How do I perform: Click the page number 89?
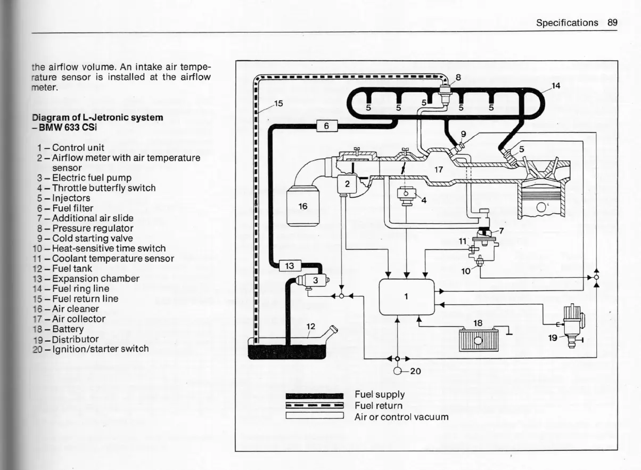point(612,22)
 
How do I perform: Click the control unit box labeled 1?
point(407,297)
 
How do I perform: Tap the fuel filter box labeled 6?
point(327,126)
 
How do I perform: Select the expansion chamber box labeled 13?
point(290,265)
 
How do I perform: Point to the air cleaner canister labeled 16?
point(302,206)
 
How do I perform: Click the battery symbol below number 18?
point(478,340)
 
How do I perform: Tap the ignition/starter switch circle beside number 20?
point(398,371)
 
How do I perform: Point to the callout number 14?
point(556,85)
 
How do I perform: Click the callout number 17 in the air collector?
point(438,170)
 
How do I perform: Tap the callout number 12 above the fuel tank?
point(311,326)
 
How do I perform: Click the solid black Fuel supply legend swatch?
point(315,395)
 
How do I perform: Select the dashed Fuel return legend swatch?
point(315,406)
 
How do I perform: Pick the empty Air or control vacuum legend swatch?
point(315,416)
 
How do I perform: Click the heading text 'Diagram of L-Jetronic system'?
point(97,117)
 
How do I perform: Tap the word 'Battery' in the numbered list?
point(68,329)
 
